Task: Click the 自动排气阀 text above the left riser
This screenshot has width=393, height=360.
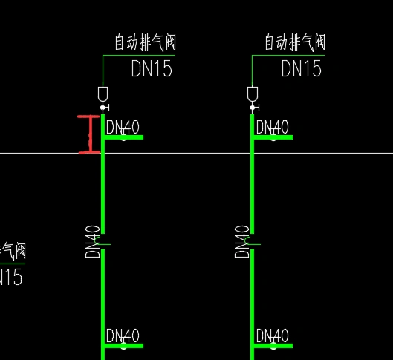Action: click(x=145, y=42)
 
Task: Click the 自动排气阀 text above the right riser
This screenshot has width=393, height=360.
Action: click(x=295, y=42)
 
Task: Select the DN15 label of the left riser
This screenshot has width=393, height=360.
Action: click(x=152, y=69)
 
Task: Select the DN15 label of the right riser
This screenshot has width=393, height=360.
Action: click(x=302, y=69)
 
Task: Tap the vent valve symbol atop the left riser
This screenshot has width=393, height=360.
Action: click(x=103, y=94)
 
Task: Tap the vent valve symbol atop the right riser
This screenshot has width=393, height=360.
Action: click(x=253, y=94)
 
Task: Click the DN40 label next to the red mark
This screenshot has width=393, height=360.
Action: click(x=123, y=127)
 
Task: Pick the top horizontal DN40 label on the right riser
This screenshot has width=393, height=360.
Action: click(x=272, y=127)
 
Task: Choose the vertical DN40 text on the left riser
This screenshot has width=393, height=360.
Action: click(x=93, y=241)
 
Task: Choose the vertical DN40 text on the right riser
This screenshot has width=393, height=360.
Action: click(x=242, y=241)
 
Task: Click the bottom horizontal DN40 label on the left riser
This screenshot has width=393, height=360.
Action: click(x=123, y=336)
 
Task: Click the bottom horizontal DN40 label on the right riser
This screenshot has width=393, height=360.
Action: click(x=272, y=336)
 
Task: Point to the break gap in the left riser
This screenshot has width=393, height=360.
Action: click(x=103, y=242)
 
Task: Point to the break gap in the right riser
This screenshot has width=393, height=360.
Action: click(x=253, y=242)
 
